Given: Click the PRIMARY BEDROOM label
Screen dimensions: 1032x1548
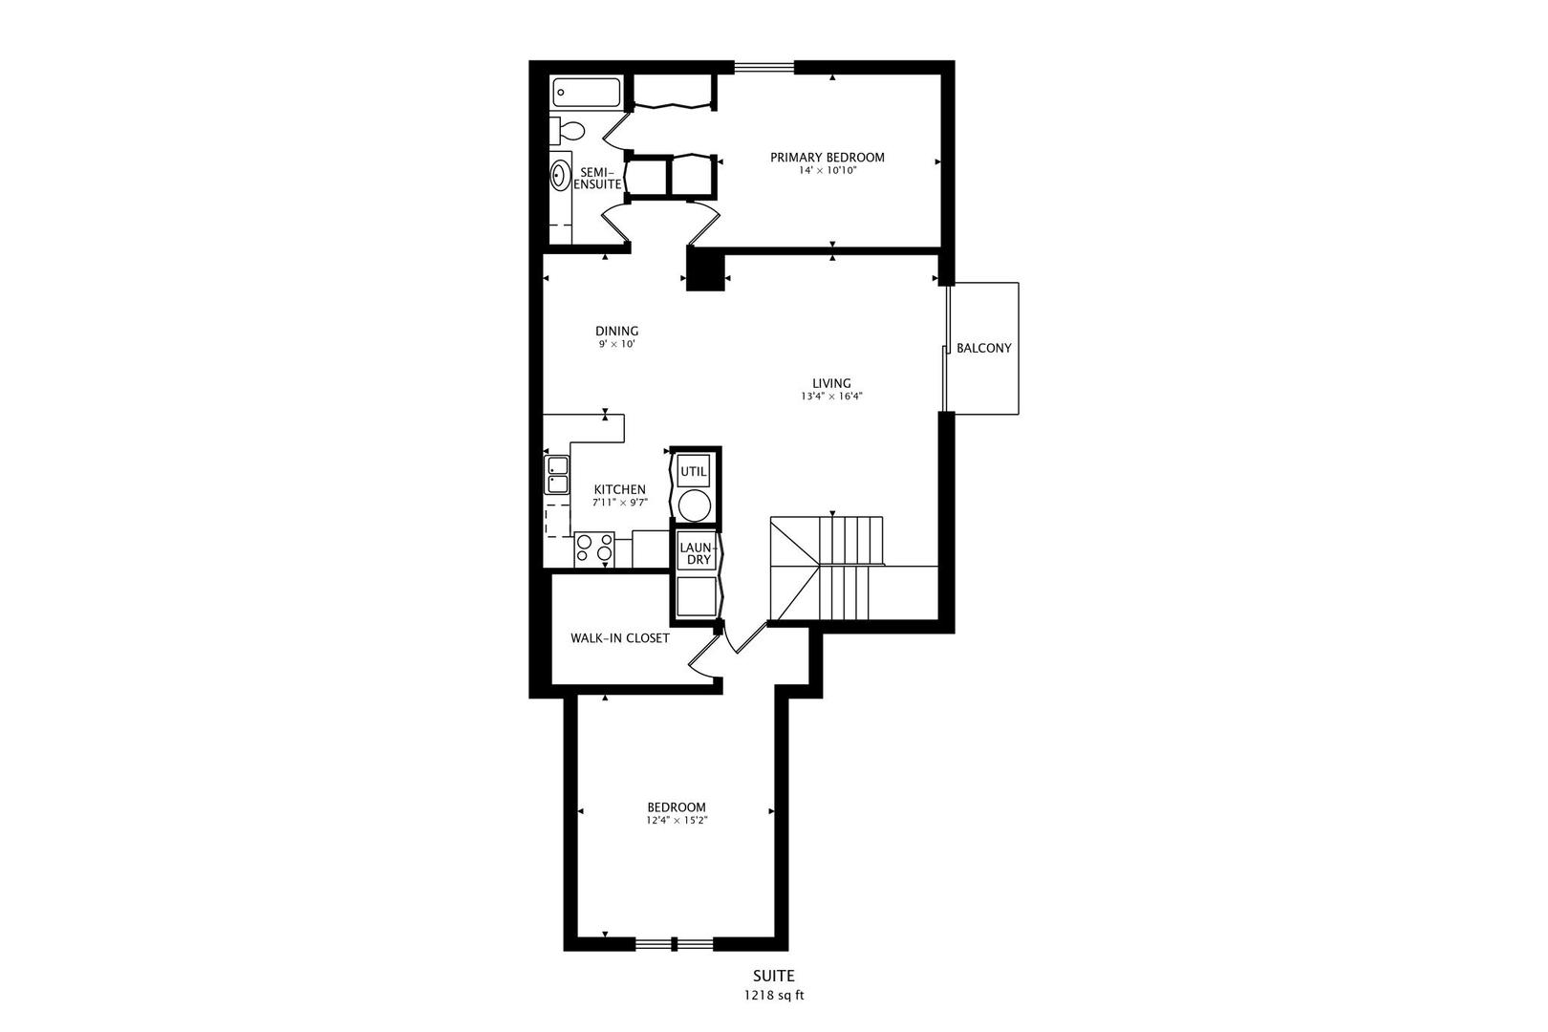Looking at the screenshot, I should coord(828,158).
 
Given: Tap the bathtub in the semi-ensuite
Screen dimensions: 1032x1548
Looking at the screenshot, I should coord(586,94).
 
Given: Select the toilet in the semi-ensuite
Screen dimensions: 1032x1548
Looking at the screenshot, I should coord(569,130).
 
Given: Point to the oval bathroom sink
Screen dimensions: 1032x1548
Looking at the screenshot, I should coord(560,176).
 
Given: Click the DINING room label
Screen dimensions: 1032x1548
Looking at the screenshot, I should coord(616,332).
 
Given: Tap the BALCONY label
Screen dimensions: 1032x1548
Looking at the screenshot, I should coord(983,349).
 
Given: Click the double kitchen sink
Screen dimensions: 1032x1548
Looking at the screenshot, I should coord(556,475).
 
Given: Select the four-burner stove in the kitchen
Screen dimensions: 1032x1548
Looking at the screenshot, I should coord(594,548).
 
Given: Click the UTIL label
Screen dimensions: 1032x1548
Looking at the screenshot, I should coord(694,471).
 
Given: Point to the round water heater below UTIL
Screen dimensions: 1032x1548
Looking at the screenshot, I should coord(694,504).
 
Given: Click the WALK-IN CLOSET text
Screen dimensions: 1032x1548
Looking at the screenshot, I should coord(620,638).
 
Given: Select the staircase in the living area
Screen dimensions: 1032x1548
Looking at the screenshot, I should coord(841,569).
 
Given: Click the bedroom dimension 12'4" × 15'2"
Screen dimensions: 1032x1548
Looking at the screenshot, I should coord(676,820).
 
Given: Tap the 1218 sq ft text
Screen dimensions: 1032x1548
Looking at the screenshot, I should coord(774,995).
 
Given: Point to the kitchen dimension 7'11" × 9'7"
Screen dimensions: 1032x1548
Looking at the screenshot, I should coord(619,503).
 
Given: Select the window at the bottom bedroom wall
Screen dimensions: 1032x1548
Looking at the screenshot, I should coord(675,944).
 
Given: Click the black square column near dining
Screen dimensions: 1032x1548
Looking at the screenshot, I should coord(706,269).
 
